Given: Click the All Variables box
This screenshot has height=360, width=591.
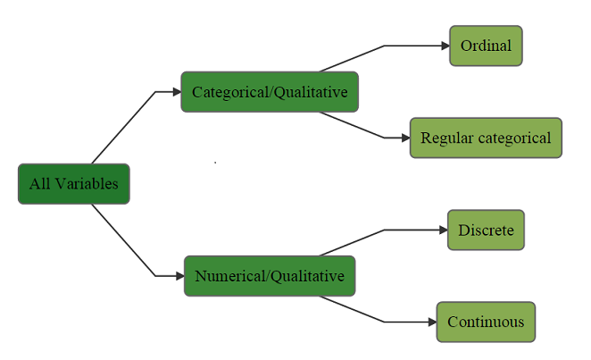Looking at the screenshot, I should click(x=73, y=184).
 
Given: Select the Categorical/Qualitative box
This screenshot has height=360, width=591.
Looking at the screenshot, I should click(x=270, y=92).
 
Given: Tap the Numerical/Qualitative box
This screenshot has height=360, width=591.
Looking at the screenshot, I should click(x=270, y=276).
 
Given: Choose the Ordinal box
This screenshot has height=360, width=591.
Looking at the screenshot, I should click(x=486, y=46).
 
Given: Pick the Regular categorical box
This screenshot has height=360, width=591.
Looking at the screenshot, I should click(x=486, y=138).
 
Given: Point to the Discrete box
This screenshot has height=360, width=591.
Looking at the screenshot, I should click(x=486, y=230).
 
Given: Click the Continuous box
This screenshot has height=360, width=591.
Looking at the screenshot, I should click(x=486, y=322).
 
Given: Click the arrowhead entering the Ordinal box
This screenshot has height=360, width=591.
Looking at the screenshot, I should click(x=444, y=46).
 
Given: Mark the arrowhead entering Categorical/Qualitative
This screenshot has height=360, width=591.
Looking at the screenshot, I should click(x=176, y=92).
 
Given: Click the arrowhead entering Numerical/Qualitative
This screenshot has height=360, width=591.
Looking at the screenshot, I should click(x=179, y=276).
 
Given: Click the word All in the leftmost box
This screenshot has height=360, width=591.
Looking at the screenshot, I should click(x=39, y=184).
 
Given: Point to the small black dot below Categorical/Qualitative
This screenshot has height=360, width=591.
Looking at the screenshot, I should click(x=215, y=163).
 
